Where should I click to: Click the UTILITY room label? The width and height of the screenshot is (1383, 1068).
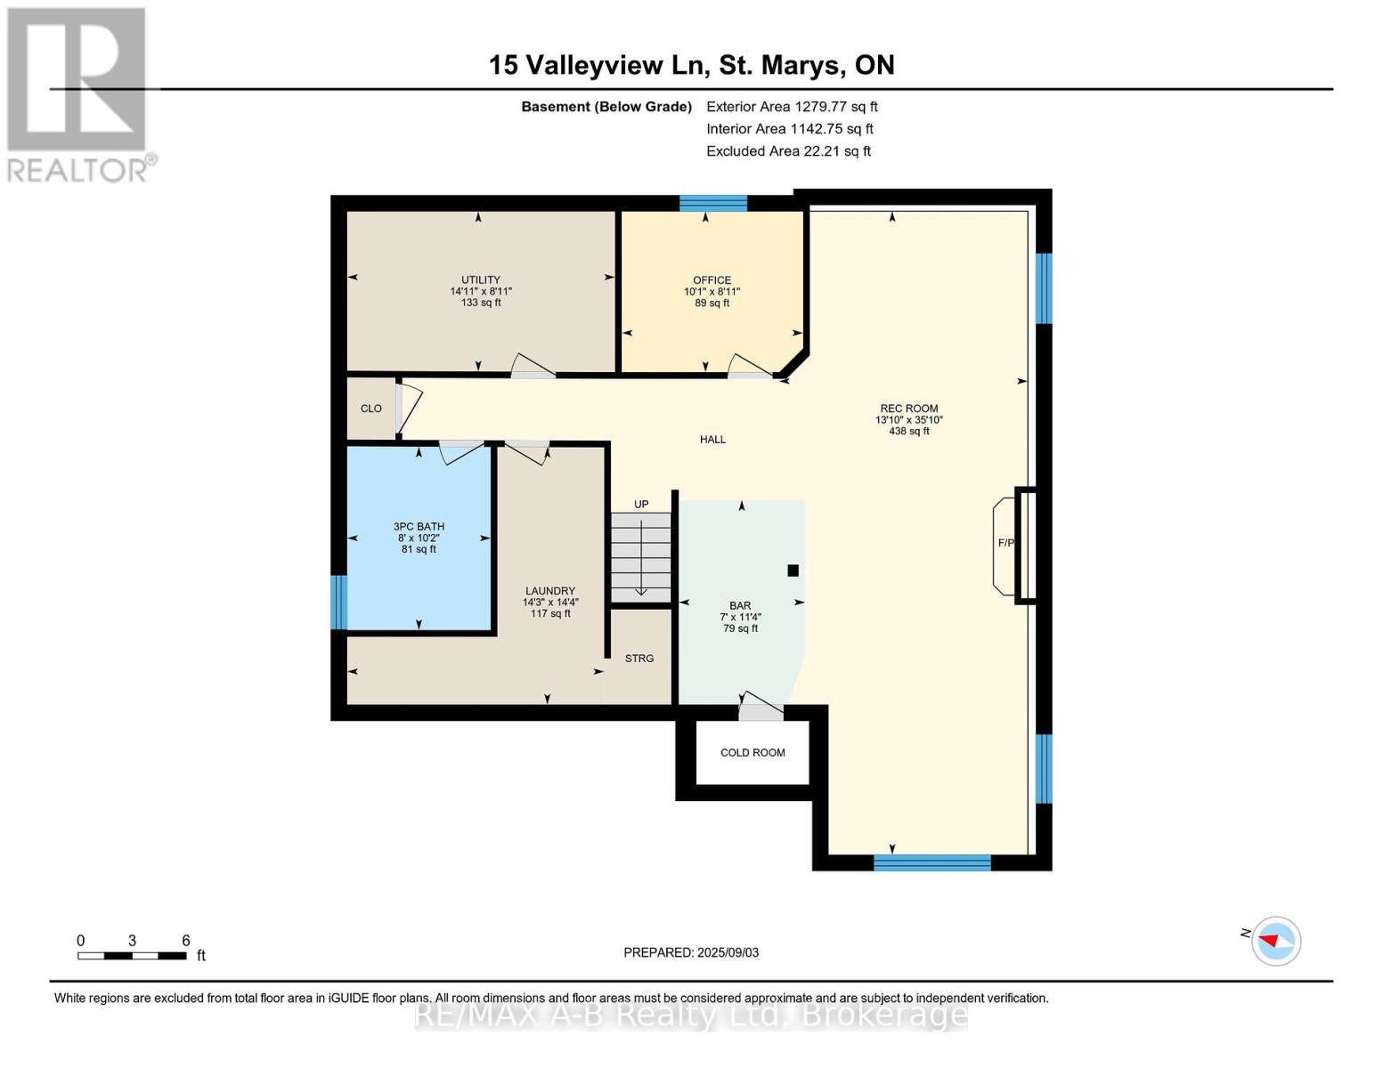point(480,279)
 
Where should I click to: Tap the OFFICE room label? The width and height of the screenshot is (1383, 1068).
point(712,279)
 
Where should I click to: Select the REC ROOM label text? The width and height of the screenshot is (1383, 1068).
point(908,409)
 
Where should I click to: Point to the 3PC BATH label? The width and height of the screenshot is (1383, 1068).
point(419,526)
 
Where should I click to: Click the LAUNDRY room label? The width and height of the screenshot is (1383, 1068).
point(549,591)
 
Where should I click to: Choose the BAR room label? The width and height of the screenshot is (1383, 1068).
point(740,606)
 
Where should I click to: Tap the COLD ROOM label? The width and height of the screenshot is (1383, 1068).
point(753,753)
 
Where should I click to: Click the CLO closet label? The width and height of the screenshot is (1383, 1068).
point(370,409)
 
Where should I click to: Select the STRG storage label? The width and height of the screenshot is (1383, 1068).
point(639,659)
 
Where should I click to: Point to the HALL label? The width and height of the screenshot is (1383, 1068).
point(712,440)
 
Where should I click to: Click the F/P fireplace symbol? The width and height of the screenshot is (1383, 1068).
point(1006,544)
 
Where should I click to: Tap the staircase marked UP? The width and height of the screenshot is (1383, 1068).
point(640,557)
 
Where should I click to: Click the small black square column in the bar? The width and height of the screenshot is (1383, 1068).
point(793,570)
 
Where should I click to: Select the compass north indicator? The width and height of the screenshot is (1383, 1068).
point(1275,941)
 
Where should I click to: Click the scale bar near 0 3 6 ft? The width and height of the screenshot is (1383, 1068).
point(132,956)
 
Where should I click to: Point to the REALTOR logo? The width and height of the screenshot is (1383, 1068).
point(77,93)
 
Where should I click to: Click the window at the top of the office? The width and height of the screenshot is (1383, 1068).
point(712,203)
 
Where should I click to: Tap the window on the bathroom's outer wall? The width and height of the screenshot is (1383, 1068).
point(338,603)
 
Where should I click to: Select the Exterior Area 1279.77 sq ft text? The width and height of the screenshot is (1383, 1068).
point(792,107)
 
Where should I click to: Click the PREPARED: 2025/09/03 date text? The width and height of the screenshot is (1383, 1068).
point(691,952)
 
